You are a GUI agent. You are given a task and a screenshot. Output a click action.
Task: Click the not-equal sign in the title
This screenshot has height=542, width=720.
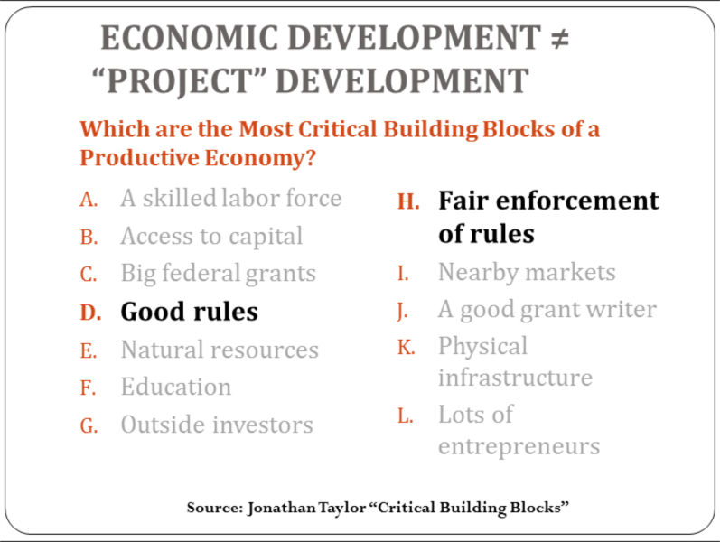560,39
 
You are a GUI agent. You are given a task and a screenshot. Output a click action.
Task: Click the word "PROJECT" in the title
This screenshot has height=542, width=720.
178,81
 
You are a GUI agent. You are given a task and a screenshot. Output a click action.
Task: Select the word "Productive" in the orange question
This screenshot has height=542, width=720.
140,158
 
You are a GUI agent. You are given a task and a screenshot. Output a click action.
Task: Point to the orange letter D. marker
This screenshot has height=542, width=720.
90,313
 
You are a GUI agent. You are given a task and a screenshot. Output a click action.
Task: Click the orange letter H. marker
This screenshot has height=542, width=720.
408,201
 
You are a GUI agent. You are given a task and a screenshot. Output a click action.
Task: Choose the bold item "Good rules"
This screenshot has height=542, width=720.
189,312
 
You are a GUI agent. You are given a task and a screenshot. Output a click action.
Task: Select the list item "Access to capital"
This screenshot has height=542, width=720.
211,237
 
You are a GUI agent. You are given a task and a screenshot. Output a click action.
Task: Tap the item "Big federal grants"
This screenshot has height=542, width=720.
218,275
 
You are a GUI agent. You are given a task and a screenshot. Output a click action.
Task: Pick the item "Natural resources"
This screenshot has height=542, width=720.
220,350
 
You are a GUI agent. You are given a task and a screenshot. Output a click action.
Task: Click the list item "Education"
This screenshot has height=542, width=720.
176,387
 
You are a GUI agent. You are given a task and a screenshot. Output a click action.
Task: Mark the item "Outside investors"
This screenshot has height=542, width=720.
217,425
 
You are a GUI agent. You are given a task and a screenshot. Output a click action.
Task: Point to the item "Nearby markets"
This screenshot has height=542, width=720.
527,273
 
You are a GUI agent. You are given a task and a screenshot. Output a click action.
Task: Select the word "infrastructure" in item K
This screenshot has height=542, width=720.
515,378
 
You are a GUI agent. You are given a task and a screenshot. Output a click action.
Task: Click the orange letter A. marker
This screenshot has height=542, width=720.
89,200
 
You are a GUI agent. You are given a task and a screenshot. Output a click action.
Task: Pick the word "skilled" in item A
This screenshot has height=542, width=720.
179,199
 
